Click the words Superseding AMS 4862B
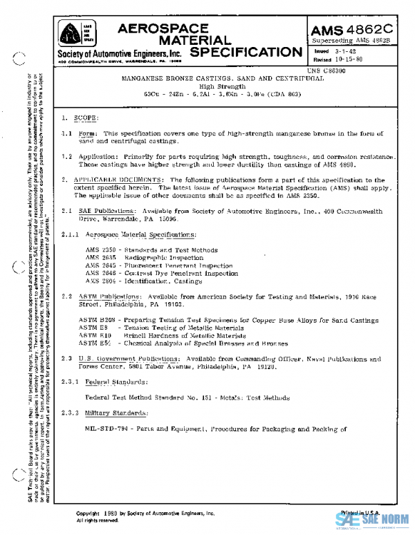click(x=351, y=41)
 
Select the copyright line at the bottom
click(x=145, y=514)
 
